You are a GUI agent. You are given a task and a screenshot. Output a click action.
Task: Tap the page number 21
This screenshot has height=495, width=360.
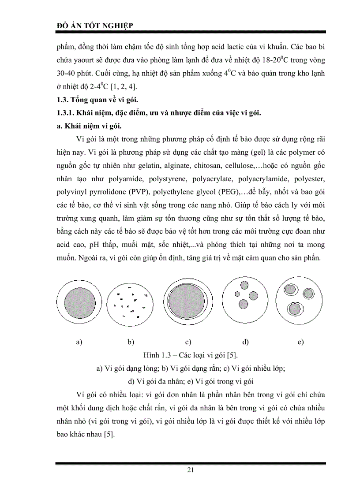tap(191, 469)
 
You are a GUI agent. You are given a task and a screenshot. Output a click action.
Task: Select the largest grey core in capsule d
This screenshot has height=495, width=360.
tap(253, 295)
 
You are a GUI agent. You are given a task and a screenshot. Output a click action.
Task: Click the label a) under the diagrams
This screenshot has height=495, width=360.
tap(80, 342)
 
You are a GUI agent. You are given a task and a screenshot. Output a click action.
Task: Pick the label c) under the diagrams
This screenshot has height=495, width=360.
tap(188, 342)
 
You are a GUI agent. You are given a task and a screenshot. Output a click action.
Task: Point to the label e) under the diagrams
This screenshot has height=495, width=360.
tap(300, 342)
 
